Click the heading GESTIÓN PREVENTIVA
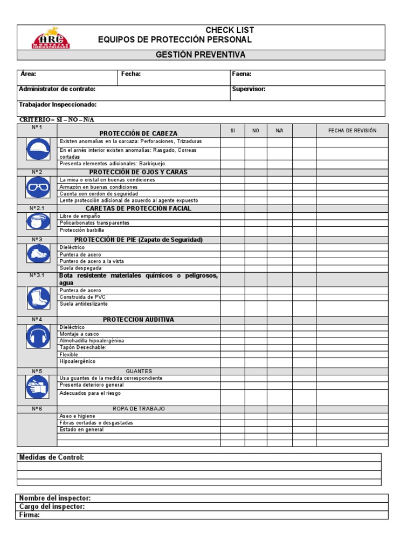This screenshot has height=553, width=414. click(200, 55)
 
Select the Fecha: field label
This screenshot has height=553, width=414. click(130, 75)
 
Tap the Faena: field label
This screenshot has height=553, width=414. click(241, 75)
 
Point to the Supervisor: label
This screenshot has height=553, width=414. click(249, 89)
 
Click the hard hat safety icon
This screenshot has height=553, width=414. click(37, 149)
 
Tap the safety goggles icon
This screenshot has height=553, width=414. click(37, 187)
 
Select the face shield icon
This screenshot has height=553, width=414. click(37, 222)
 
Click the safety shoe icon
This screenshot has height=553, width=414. click(37, 254)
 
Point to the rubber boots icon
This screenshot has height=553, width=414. click(37, 297)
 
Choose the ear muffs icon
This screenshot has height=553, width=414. click(37, 337)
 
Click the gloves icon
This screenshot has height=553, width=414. click(37, 387)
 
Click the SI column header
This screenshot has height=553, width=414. click(233, 131)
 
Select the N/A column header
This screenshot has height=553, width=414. click(279, 131)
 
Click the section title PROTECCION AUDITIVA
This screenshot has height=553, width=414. click(139, 320)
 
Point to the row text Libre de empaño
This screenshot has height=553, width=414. click(80, 216)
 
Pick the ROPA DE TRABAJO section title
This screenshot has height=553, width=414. click(139, 409)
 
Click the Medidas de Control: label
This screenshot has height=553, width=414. click(52, 457)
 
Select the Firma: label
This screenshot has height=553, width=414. click(30, 515)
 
